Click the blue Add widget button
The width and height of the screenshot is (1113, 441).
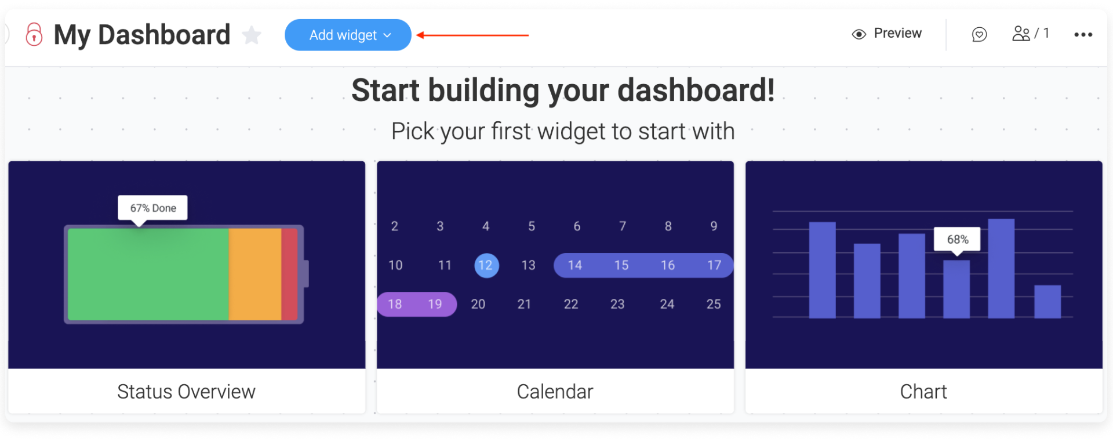348,35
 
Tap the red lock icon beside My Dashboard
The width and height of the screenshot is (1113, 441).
34,35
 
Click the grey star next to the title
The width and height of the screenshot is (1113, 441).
252,35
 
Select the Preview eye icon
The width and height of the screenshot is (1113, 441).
859,34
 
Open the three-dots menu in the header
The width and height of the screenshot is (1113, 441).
1083,35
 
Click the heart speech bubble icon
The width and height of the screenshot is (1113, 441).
979,35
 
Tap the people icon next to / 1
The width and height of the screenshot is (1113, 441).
1021,34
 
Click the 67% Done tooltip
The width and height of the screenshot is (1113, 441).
153,208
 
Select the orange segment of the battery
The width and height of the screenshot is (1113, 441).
255,274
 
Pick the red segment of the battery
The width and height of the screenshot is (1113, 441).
289,274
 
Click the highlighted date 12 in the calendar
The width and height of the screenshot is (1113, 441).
486,265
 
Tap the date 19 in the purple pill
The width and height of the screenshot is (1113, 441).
435,304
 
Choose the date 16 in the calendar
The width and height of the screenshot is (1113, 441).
668,265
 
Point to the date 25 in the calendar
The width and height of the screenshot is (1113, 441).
714,304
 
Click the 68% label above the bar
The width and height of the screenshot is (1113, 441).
957,239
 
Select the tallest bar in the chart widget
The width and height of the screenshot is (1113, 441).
1001,268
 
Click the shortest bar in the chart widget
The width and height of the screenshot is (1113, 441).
1047,301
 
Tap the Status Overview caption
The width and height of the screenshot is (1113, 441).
186,392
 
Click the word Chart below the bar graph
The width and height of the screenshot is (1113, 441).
923,392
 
